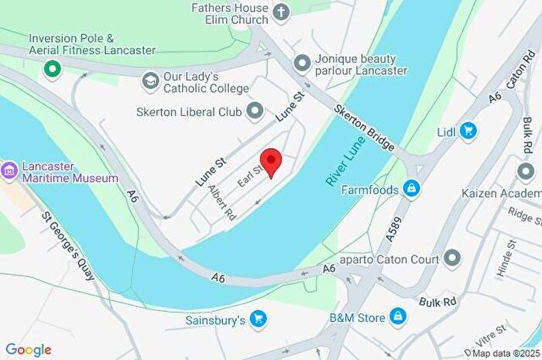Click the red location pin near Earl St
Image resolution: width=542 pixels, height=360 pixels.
(269, 161)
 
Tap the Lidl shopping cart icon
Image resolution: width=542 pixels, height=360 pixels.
(468, 130)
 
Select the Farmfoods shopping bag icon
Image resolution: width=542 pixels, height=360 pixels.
(412, 188)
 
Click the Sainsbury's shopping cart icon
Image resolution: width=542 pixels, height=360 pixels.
(259, 318)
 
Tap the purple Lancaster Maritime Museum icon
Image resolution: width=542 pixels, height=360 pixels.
(9, 170)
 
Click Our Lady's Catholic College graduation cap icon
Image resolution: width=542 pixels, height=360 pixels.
(150, 80)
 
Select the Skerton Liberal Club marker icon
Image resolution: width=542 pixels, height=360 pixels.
(255, 111)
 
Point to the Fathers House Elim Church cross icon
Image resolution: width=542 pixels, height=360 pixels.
(281, 12)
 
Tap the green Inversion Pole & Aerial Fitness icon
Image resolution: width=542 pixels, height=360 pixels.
(53, 70)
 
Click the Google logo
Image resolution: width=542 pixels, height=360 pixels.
(29, 350)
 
